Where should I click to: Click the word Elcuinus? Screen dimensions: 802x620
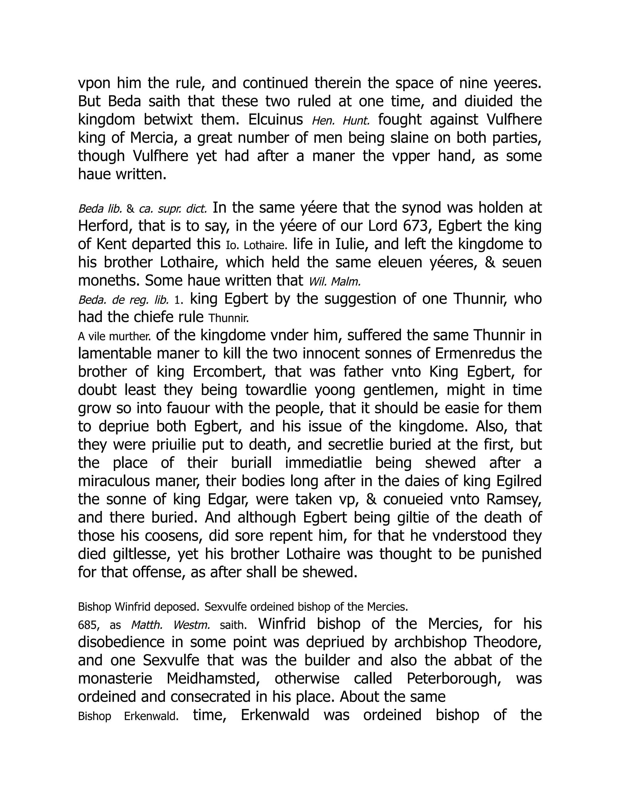(275, 120)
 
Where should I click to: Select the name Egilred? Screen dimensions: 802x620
(519, 481)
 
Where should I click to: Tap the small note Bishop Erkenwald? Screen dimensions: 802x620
(128, 716)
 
